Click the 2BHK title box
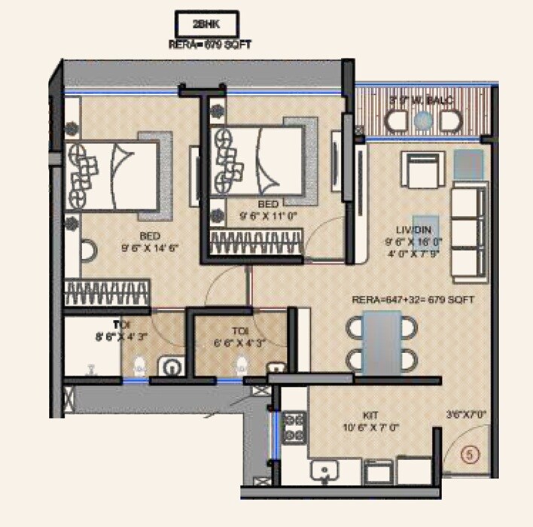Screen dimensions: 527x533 (x=208, y=23)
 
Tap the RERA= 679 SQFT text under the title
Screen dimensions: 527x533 (x=210, y=45)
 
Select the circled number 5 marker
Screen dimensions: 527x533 (x=469, y=454)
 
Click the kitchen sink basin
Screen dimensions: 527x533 (x=325, y=472)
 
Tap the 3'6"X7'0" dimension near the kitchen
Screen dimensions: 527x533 (x=465, y=413)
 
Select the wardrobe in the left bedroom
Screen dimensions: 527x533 (x=105, y=291)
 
